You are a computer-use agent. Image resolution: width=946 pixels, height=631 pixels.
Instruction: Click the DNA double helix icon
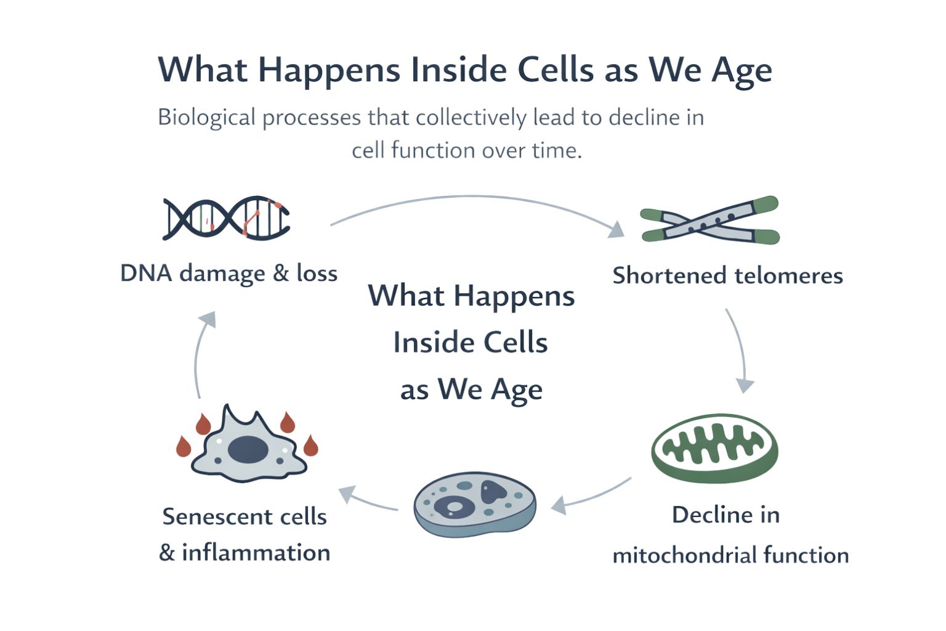click(226, 218)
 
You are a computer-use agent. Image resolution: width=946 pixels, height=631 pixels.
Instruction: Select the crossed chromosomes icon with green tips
click(709, 220)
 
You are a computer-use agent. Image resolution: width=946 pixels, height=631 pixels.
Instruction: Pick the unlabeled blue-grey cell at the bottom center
click(474, 503)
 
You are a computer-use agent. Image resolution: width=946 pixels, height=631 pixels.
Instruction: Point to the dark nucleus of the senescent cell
click(248, 449)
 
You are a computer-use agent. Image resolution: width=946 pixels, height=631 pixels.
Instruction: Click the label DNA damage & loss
click(228, 273)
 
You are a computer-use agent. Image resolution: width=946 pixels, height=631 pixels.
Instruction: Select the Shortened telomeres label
click(727, 275)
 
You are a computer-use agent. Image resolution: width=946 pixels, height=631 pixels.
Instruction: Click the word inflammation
click(256, 552)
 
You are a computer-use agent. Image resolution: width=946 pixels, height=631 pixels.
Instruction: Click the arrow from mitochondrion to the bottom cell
click(591, 496)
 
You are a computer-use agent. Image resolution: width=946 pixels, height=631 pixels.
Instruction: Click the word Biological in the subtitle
click(206, 117)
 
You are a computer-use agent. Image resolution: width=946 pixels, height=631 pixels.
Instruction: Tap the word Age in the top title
click(742, 70)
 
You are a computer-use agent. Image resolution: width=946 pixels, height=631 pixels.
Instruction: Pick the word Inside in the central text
click(426, 343)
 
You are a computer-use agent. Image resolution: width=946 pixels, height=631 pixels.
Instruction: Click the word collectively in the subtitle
click(471, 117)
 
